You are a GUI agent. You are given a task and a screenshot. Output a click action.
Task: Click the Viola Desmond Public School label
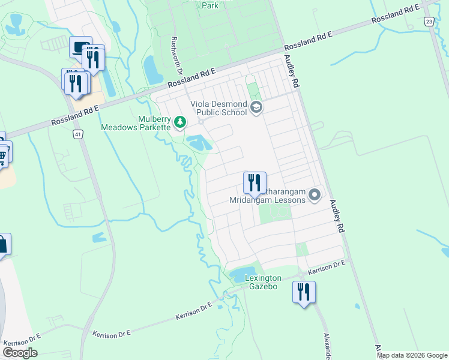tap(218, 108)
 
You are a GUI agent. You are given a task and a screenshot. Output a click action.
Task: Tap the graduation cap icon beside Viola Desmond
tap(256, 107)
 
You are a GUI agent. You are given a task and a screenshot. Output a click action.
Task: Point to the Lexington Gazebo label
tap(263, 283)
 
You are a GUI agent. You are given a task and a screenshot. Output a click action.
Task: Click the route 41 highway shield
tap(79, 135)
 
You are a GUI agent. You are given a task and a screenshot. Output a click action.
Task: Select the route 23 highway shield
tap(428, 21)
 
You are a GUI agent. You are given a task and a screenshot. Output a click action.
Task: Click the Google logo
tap(20, 352)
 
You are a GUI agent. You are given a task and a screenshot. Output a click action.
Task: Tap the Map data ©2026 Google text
tap(411, 355)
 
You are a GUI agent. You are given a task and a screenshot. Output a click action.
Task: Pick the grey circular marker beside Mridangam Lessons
tap(315, 195)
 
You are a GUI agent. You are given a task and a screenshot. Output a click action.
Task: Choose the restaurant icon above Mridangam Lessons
tap(255, 182)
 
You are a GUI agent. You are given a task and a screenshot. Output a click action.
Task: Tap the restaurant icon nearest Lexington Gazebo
tap(304, 292)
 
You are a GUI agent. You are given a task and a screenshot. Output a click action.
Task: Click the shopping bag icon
tap(3, 244)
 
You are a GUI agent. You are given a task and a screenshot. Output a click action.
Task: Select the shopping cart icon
tap(3, 155)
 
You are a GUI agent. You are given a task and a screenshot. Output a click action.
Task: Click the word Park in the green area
tap(210, 5)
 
